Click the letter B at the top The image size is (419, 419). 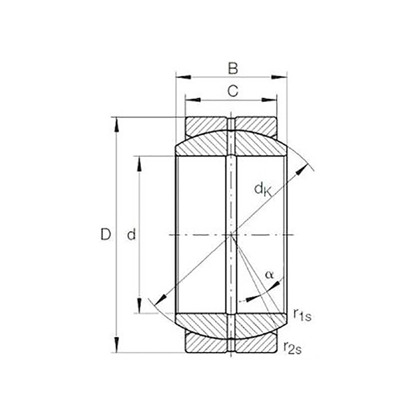(233, 68)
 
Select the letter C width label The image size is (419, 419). (233, 89)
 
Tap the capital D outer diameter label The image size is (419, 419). (105, 235)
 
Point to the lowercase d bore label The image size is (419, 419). (131, 236)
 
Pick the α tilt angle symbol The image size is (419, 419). (270, 274)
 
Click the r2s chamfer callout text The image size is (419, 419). (294, 344)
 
